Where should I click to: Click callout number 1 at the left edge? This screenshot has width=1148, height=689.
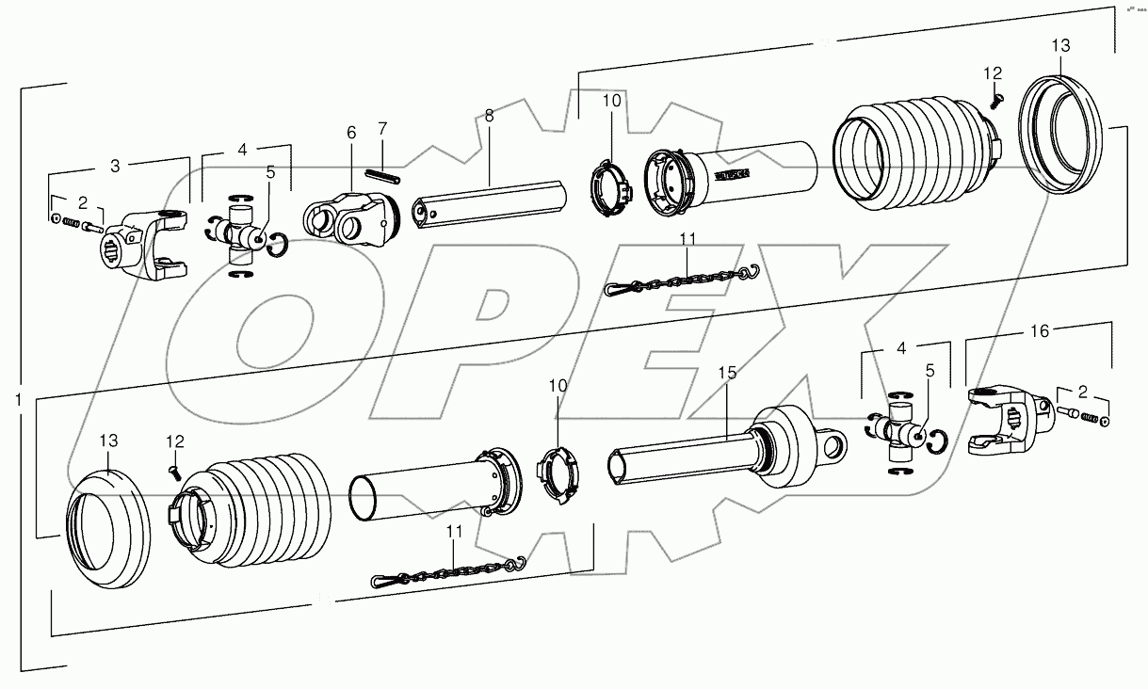(x=17, y=400)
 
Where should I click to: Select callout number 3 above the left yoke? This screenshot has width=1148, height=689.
(x=115, y=167)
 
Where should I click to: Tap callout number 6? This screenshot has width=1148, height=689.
(x=350, y=134)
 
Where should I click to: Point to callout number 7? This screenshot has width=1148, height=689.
(x=382, y=127)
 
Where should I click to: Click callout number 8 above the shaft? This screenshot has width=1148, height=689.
(x=489, y=116)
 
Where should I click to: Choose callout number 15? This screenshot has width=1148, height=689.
(x=728, y=374)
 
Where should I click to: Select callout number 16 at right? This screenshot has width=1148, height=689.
(x=1039, y=331)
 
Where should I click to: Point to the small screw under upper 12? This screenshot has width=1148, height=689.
(x=998, y=95)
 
